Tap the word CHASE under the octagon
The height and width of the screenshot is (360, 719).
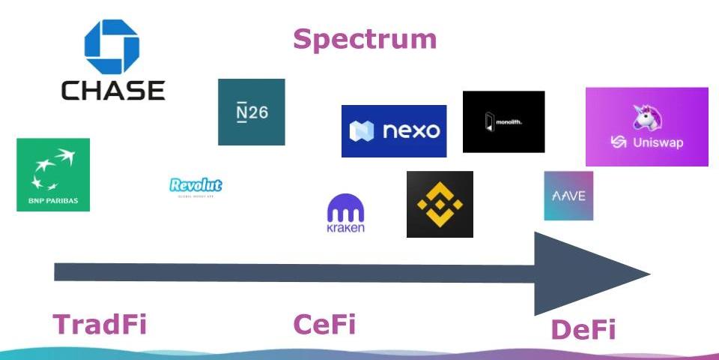[x=112, y=91]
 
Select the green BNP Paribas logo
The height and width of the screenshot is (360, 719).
[x=53, y=174]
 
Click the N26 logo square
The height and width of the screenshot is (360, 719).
[x=251, y=112]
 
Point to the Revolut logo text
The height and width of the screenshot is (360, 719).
[x=196, y=185]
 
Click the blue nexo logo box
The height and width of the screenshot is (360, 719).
[x=393, y=131]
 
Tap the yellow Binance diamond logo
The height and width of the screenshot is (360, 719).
[x=440, y=204]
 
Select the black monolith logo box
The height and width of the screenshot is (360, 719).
[x=503, y=121]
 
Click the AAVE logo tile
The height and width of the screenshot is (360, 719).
[x=568, y=196]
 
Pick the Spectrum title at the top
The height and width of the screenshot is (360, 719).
[x=364, y=39]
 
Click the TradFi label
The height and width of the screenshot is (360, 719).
[x=99, y=325]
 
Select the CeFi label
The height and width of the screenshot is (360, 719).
[x=324, y=325]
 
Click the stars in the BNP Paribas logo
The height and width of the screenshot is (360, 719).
[x=52, y=169]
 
